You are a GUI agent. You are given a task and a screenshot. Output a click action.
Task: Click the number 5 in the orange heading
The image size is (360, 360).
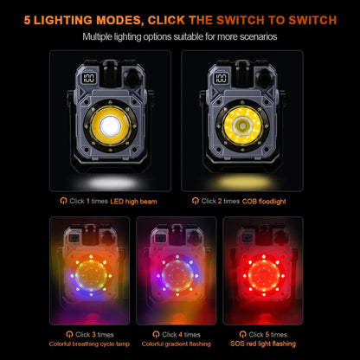(x=27, y=20)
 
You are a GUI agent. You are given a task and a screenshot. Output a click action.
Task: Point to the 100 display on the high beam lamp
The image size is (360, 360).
(x=89, y=78)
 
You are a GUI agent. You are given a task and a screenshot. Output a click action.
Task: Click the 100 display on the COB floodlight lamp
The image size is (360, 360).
(x=221, y=78)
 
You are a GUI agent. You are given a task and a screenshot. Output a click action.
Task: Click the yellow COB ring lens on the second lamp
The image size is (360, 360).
(x=242, y=125)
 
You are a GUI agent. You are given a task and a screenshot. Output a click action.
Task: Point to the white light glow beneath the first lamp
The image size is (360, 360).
(x=111, y=183)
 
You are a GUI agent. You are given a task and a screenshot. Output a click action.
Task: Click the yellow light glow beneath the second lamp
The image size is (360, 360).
(x=243, y=183)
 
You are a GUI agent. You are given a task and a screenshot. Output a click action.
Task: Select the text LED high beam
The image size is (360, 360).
(x=133, y=202)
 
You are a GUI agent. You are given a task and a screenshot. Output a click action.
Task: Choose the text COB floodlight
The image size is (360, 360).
(x=264, y=202)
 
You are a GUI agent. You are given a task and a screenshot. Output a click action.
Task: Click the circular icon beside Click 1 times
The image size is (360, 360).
(x=63, y=201)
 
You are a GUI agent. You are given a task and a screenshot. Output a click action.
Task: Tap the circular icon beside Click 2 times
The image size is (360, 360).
(x=196, y=201)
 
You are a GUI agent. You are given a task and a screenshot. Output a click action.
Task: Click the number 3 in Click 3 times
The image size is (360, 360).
(x=94, y=335)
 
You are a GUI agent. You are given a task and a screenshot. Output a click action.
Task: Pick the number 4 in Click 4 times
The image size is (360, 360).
(x=180, y=335)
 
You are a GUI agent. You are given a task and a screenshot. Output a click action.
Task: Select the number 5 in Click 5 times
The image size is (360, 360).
(x=267, y=335)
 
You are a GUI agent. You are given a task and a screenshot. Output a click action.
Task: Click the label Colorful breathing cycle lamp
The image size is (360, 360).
(x=89, y=344)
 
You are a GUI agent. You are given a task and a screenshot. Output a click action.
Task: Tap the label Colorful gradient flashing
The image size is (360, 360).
(x=177, y=344)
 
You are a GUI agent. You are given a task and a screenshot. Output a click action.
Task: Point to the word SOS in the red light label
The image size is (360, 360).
(x=236, y=344)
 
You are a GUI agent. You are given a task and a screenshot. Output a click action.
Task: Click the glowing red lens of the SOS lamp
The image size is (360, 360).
(x=264, y=274)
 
